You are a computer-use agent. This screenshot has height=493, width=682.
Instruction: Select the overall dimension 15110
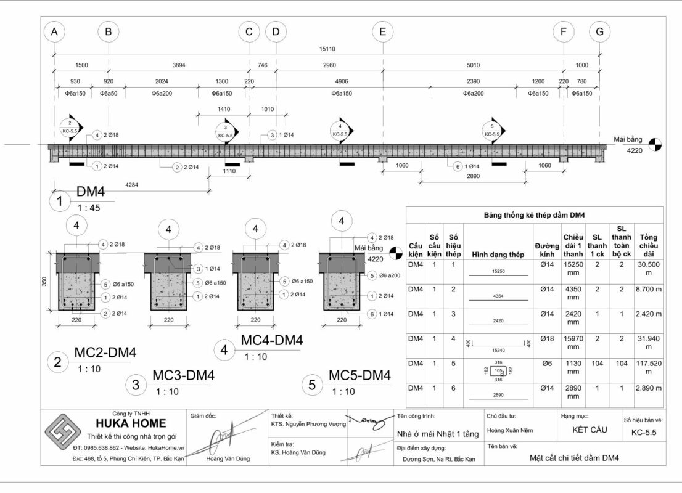pyautogui.click(x=327, y=49)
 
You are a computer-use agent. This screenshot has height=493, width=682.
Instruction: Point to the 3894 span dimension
pyautogui.click(x=178, y=65)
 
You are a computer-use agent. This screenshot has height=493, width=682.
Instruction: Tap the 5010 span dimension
pyautogui.click(x=473, y=65)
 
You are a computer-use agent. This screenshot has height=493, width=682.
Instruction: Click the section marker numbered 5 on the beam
pyautogui.click(x=492, y=131)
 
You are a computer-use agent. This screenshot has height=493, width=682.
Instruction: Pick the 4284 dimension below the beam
pyautogui.click(x=131, y=184)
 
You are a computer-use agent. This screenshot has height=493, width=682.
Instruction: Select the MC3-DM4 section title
pyautogui.click(x=183, y=376)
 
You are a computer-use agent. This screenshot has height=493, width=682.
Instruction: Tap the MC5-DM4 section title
pyautogui.click(x=359, y=376)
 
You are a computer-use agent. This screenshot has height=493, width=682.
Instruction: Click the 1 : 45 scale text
pyautogui.click(x=89, y=208)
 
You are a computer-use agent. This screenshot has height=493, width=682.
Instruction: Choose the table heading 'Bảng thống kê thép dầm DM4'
pyautogui.click(x=534, y=215)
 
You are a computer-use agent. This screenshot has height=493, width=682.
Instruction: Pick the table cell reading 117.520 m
pyautogui.click(x=648, y=367)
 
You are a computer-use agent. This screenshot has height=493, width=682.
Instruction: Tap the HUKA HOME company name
pyautogui.click(x=130, y=423)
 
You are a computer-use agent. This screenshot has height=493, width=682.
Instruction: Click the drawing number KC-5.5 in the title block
pyautogui.click(x=644, y=433)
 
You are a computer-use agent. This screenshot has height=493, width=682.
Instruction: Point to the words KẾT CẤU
pyautogui.click(x=585, y=430)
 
